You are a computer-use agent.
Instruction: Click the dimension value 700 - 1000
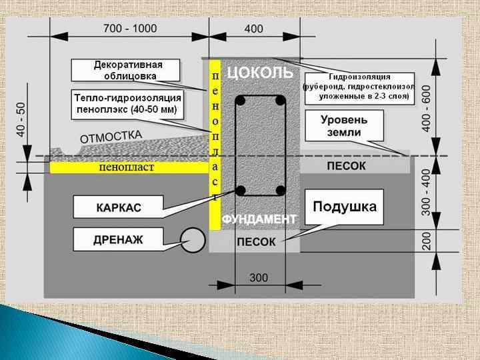coord(130,29)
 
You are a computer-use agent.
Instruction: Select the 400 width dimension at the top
coord(254,29)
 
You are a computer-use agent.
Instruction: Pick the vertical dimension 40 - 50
coord(21,120)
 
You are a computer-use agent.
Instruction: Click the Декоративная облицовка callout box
coord(127,71)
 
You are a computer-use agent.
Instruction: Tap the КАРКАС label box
coord(118,207)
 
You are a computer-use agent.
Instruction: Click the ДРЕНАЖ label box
coord(119,239)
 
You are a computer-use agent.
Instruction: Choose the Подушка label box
coord(345,206)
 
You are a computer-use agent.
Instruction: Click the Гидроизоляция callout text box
coord(359,87)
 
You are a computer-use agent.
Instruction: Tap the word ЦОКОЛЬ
coord(260,72)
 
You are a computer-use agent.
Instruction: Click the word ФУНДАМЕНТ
coord(259,219)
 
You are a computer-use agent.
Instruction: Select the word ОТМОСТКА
coord(111,137)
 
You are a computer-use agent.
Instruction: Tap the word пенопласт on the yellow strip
coord(126,167)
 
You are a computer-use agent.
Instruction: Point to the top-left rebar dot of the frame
coord(241,101)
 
